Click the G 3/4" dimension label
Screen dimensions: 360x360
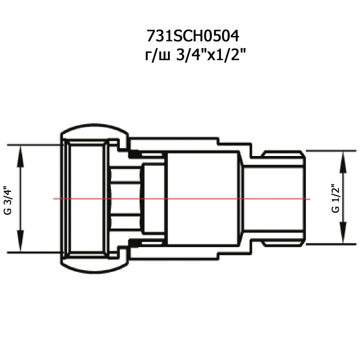point(8,200)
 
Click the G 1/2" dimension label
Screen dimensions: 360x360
point(335,199)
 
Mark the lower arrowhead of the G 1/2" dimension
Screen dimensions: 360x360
point(343,241)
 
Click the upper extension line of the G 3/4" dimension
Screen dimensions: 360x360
point(33,145)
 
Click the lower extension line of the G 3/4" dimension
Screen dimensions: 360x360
point(33,253)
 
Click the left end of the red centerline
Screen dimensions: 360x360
point(53,199)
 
